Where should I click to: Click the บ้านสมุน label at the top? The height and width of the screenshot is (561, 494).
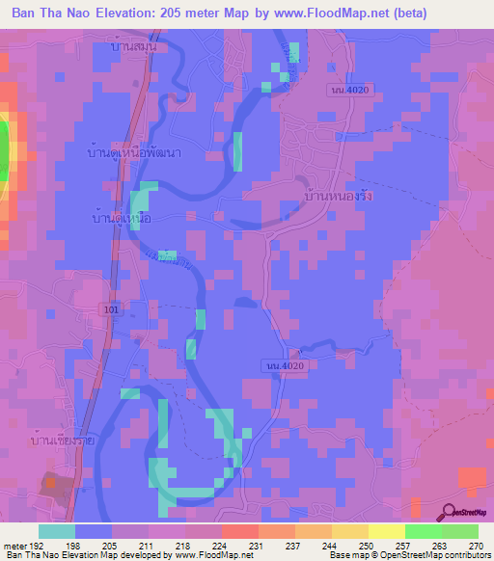(x=133, y=45)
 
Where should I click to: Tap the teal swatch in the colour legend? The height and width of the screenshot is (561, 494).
(x=57, y=531)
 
